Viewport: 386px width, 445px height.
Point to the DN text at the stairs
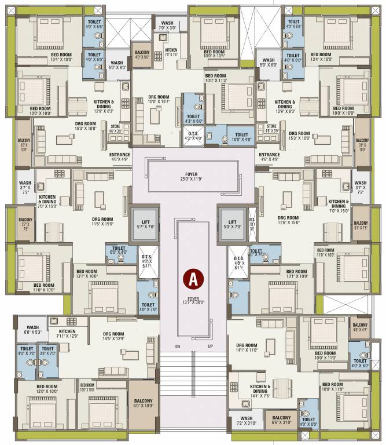click(177, 346)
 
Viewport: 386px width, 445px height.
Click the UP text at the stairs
click(210, 346)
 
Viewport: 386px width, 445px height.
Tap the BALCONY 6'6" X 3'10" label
click(281, 420)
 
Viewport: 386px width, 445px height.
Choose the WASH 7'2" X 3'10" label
click(246, 420)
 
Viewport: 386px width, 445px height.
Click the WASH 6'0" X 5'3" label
click(32, 330)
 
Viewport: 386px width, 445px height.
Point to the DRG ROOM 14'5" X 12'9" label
click(114, 336)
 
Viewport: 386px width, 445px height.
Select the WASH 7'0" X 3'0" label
click(167, 25)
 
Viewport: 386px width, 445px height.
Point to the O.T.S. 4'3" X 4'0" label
click(193, 136)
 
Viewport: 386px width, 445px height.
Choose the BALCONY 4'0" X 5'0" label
click(142, 54)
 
